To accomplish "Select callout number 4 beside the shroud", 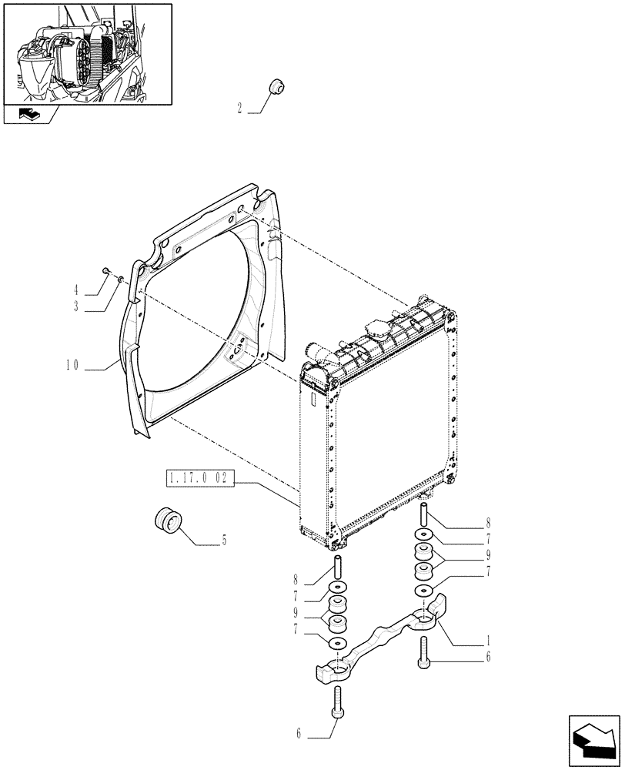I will coord(77,291).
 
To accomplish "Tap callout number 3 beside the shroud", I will coord(77,306).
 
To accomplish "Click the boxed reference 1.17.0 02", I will coord(197,479).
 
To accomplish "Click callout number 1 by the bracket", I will coord(489,641).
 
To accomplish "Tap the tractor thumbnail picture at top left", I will coord(87,53).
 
